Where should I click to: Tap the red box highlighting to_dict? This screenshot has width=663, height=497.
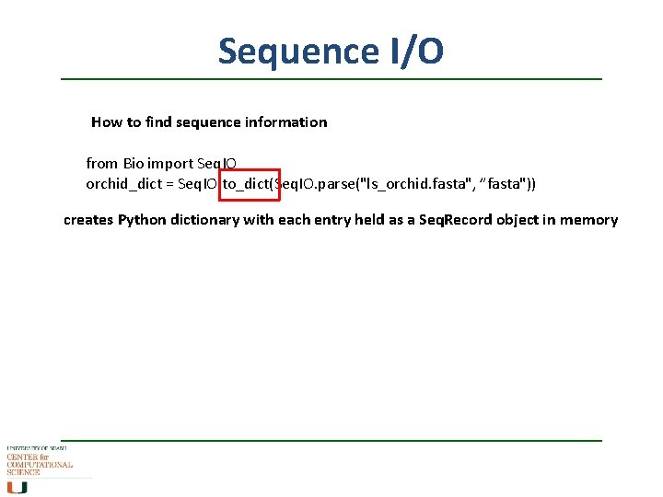point(249,184)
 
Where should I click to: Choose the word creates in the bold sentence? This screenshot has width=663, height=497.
point(88,220)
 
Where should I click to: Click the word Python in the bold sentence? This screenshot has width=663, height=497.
point(142,220)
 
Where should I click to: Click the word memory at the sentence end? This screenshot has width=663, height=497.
point(589,220)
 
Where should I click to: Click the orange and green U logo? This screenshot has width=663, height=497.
point(16,488)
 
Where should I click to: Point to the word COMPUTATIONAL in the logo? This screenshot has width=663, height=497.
point(40,466)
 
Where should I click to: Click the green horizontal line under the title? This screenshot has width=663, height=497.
point(331,79)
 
